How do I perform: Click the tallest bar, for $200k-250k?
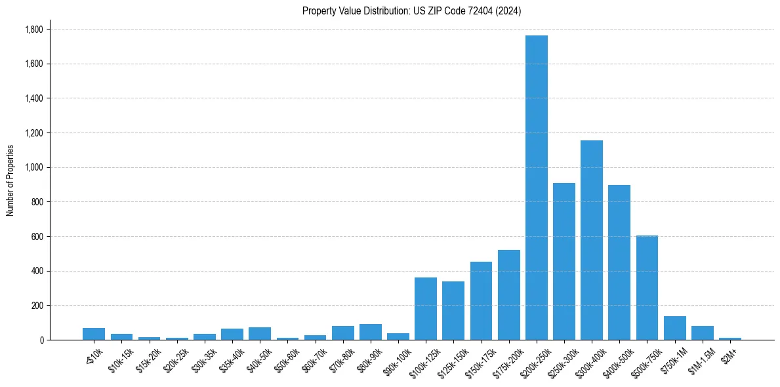pos(536,188)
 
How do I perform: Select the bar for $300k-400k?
pos(591,240)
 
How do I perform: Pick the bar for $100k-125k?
pos(425,308)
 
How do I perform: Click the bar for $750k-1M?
pos(674,328)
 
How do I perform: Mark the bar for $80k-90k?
pos(370,332)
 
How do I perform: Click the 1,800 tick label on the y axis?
pos(33,30)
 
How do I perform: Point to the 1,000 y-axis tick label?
pos(33,167)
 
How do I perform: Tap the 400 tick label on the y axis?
pos(37,271)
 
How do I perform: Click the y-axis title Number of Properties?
pos(10,180)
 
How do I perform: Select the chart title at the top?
pos(411,11)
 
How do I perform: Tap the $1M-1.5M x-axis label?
pos(700,357)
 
